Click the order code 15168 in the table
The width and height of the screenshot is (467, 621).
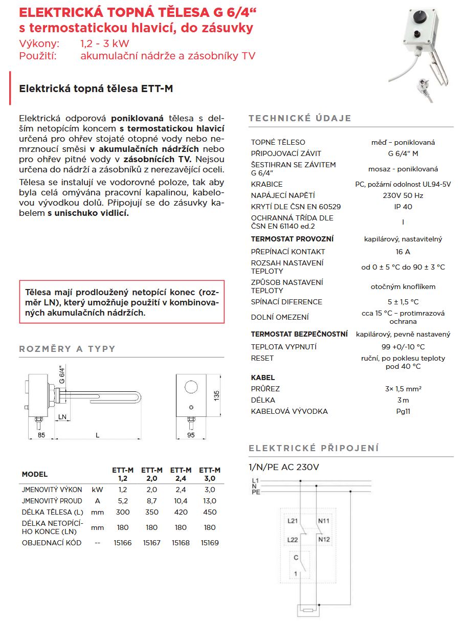181,543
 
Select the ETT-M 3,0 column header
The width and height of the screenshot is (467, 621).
210,474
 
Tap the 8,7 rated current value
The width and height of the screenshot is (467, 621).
151,501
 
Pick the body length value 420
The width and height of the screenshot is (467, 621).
181,512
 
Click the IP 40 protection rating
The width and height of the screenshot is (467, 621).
403,207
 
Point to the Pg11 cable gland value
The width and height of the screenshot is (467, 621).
403,411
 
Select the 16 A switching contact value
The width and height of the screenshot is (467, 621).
403,252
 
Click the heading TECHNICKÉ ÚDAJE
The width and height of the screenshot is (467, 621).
300,118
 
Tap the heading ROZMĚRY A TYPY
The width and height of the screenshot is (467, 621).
67,349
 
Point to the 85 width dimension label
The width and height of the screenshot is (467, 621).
41,436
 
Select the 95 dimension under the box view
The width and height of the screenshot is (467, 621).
191,436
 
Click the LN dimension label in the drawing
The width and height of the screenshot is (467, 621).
62,417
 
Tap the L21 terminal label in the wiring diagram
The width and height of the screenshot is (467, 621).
292,521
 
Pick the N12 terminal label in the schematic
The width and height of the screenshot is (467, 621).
324,540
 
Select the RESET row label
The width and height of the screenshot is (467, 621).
262,358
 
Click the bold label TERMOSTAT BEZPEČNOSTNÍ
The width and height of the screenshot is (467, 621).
299,335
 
